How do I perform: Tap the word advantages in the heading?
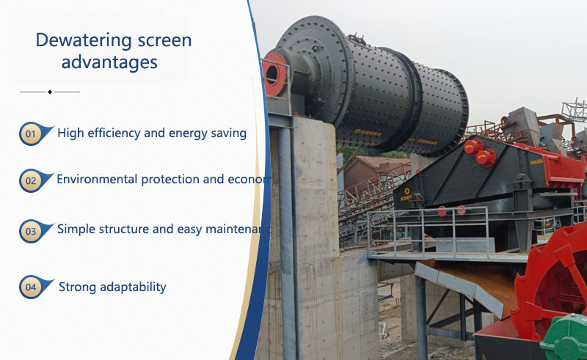(x=109, y=62)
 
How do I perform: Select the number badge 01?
(x=30, y=134)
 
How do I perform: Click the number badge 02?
(x=30, y=180)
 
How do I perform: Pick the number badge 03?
(x=30, y=232)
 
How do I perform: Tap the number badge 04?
(x=30, y=287)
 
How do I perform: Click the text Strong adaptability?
(x=112, y=287)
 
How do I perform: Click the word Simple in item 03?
(x=76, y=229)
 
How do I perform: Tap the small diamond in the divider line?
(x=49, y=92)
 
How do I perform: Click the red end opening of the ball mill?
(x=274, y=73)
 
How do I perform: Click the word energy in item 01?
(x=184, y=133)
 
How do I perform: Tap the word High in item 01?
(x=70, y=133)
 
